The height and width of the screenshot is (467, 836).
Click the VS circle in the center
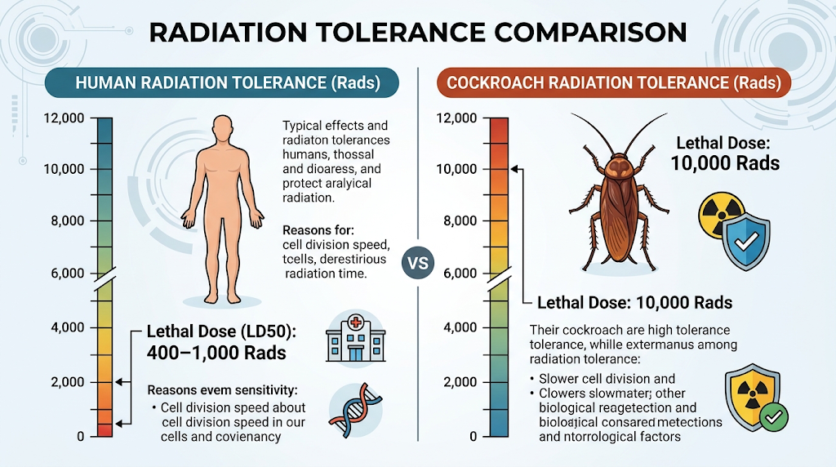(418, 263)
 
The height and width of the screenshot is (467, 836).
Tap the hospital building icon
(356, 338)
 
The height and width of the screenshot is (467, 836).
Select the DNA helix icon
(355, 411)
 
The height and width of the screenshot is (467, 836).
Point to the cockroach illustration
(619, 192)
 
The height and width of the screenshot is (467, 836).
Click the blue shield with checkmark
(746, 242)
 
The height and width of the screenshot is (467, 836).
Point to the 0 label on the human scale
(81, 437)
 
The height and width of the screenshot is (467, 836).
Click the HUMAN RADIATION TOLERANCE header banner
(222, 82)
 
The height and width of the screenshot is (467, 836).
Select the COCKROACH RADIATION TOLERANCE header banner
(614, 82)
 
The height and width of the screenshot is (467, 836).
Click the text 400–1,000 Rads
(216, 353)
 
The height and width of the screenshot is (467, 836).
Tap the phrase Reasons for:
(318, 230)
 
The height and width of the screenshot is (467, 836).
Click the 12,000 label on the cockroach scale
(456, 118)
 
